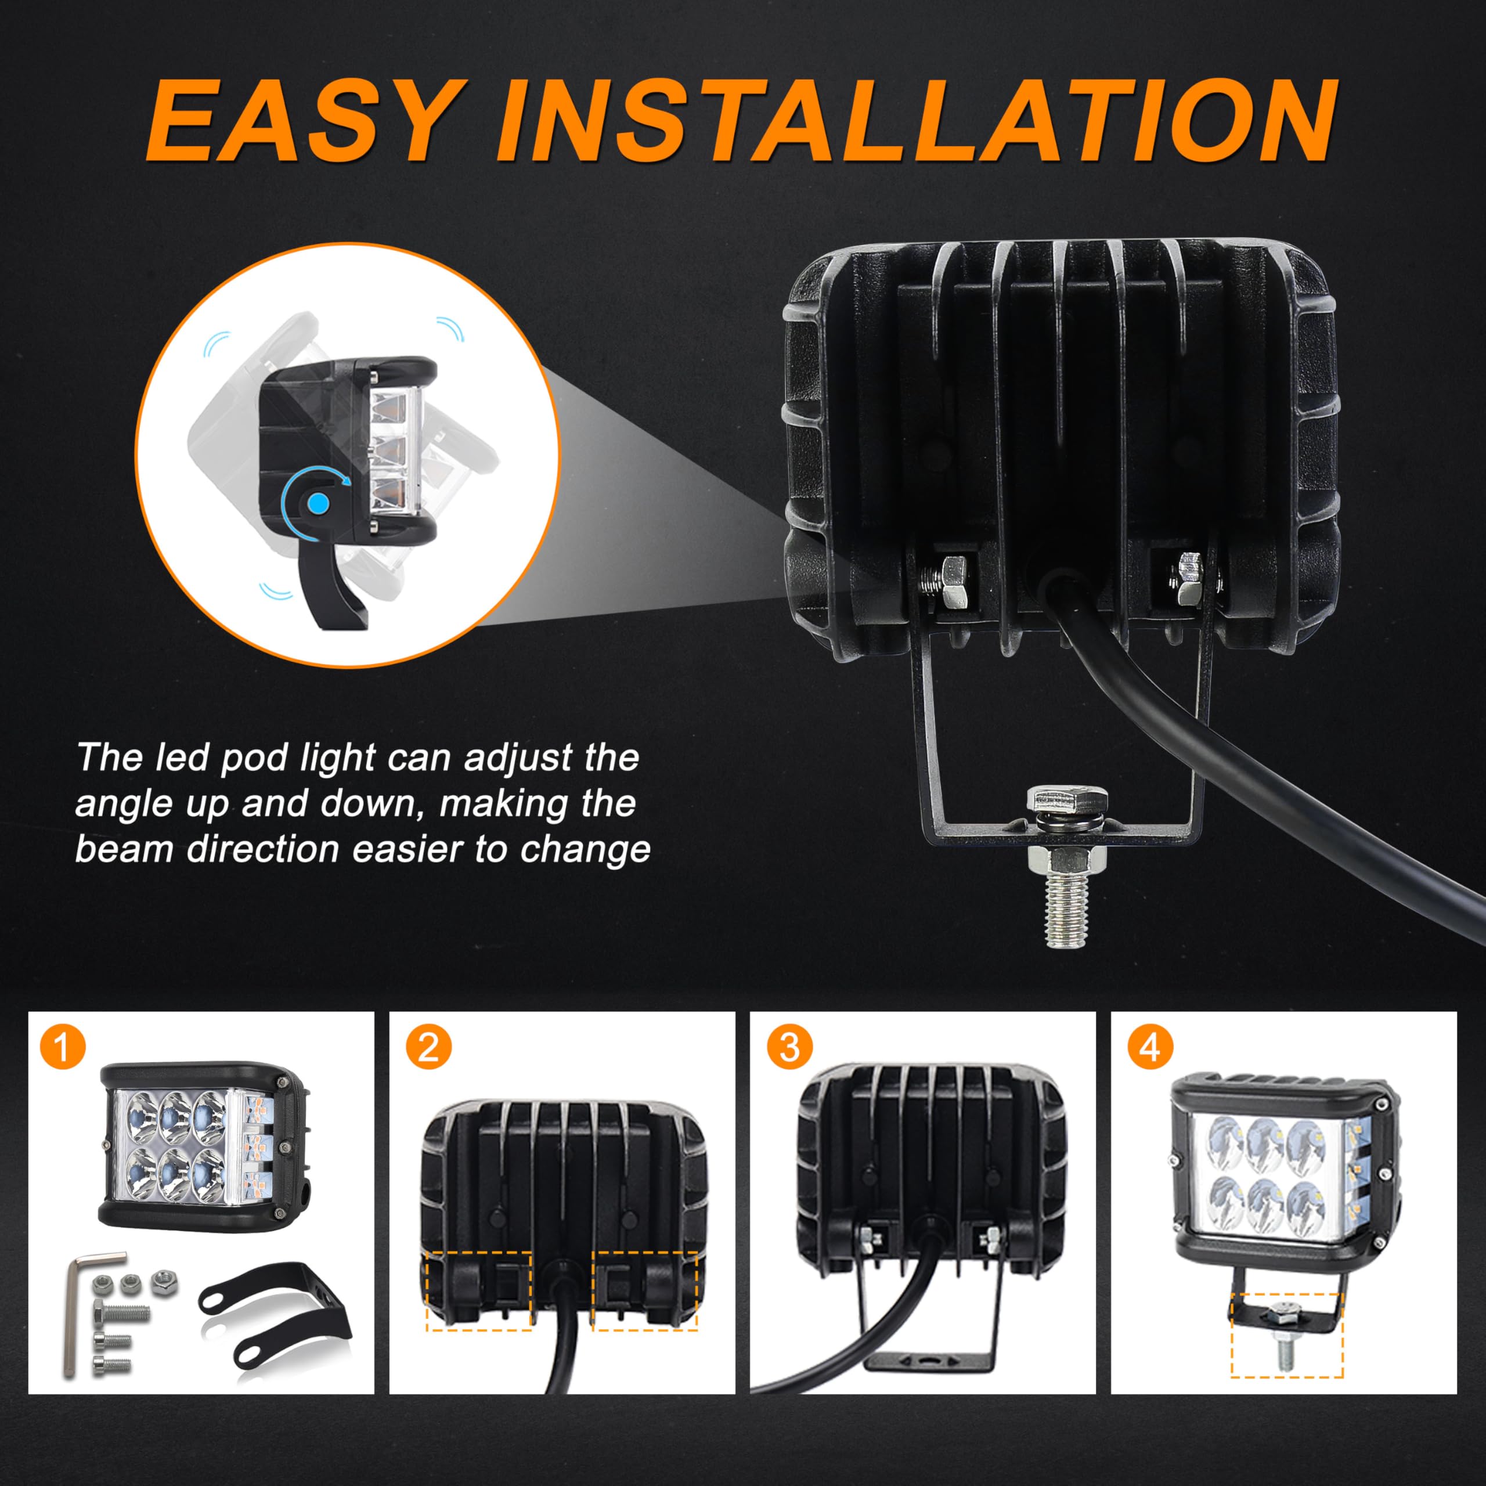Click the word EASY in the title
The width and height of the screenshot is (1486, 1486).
tap(306, 121)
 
